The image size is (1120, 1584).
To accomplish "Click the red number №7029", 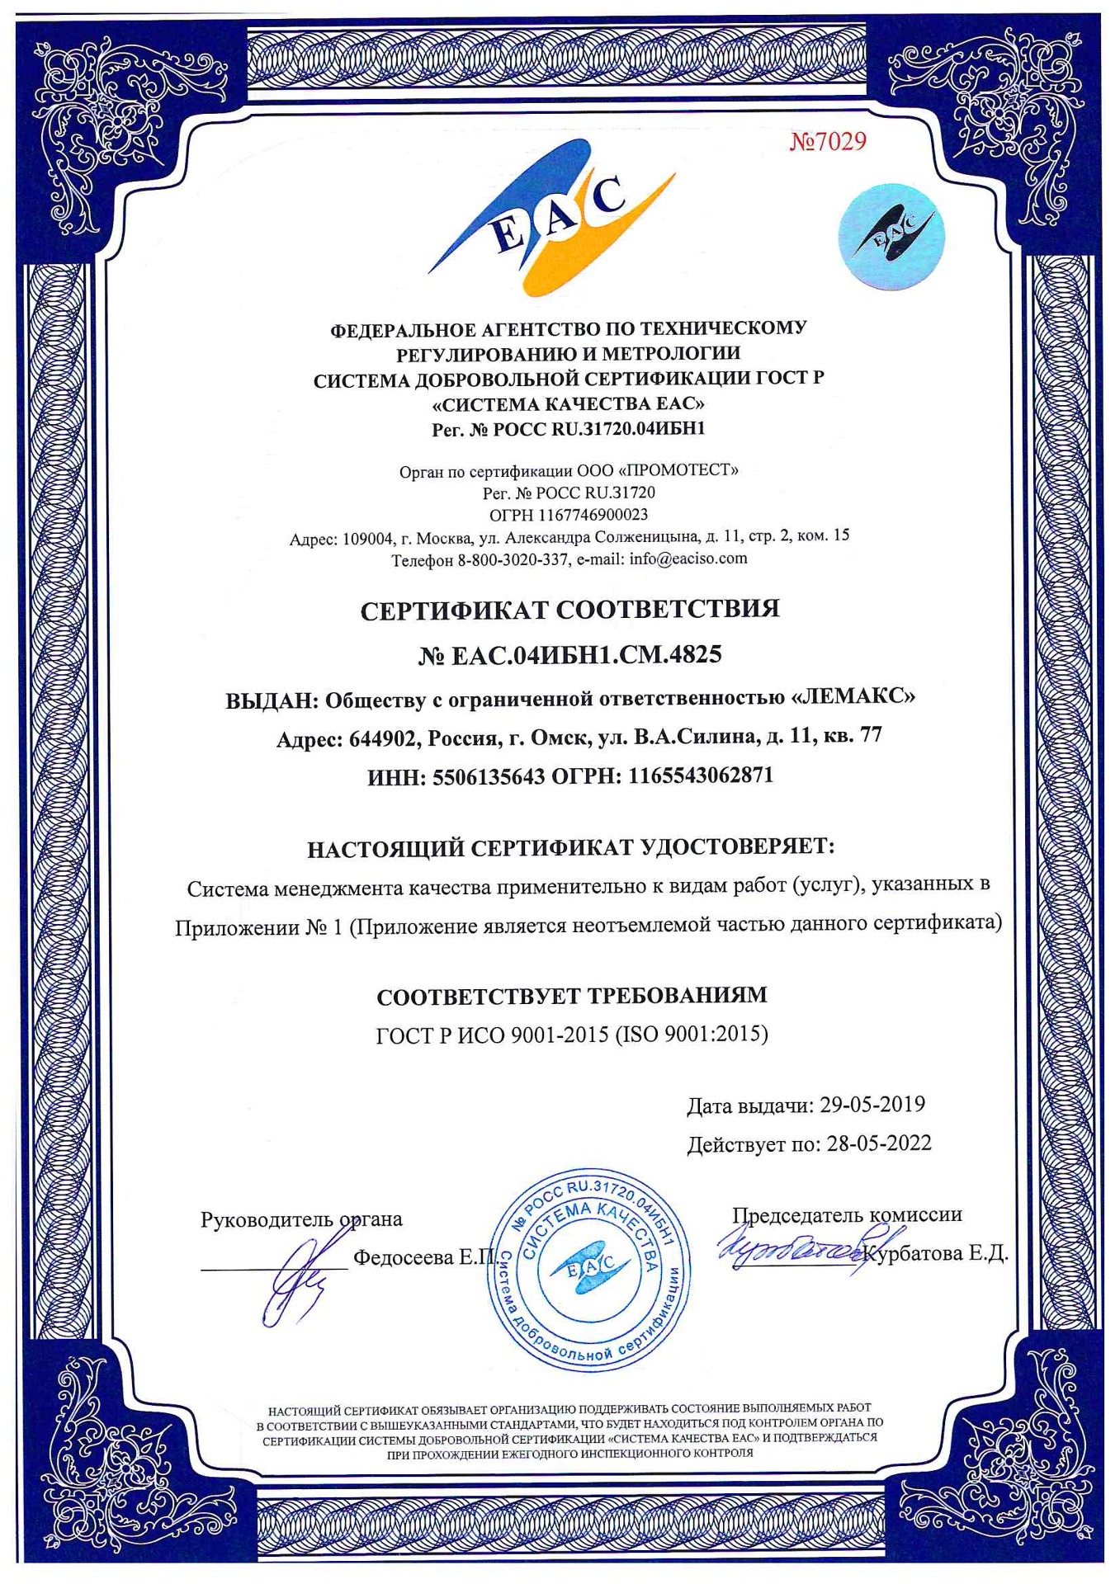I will (x=828, y=142).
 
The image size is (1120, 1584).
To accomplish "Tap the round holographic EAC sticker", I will (x=891, y=238).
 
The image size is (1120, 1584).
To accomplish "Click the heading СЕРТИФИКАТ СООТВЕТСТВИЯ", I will (x=569, y=610).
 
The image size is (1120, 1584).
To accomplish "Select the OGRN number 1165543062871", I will (x=701, y=775).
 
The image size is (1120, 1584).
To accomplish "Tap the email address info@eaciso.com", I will (x=688, y=559).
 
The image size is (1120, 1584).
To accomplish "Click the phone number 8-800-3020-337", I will (x=513, y=560).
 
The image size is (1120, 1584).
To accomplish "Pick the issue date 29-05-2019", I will (x=872, y=1105).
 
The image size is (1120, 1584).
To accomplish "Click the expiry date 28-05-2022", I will (x=879, y=1143).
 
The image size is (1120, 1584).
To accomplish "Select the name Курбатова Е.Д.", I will (x=936, y=1254).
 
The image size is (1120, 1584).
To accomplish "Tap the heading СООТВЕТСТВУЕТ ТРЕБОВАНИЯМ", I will (x=571, y=996).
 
